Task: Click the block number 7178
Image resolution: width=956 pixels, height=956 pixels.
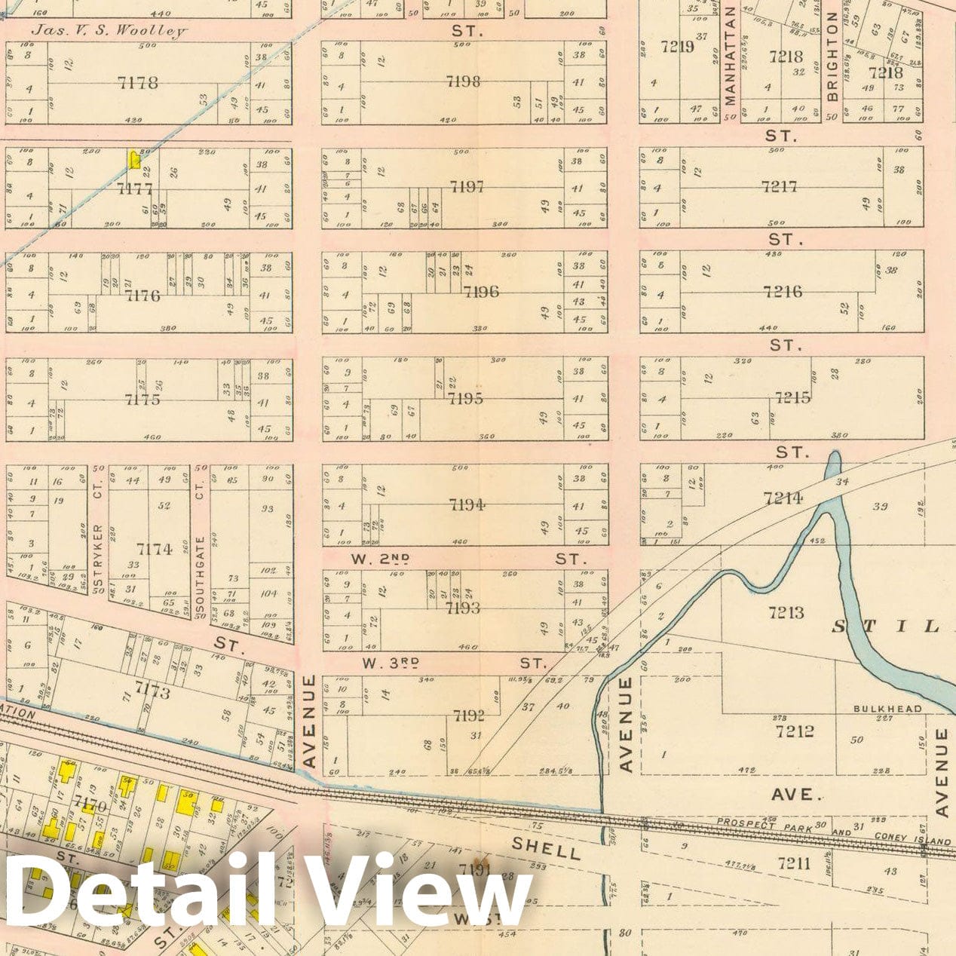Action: click(138, 82)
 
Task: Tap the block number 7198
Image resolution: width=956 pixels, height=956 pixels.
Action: click(462, 81)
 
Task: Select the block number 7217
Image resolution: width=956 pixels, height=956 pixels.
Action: click(779, 185)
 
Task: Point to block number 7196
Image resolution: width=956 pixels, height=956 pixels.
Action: click(481, 292)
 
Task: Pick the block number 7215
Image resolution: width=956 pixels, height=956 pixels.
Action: click(792, 397)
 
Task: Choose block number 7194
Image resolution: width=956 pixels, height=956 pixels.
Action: click(467, 504)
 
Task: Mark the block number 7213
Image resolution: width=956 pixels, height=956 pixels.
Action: click(786, 612)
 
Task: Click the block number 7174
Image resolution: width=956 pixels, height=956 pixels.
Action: click(155, 549)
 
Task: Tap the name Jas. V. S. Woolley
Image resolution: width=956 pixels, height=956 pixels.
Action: click(109, 31)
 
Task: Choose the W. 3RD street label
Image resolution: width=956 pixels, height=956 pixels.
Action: click(390, 663)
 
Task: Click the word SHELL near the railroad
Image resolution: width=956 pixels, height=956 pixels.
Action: click(546, 849)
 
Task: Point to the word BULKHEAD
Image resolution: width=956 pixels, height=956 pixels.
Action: click(887, 709)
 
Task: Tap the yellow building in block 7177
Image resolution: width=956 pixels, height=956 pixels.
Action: click(135, 159)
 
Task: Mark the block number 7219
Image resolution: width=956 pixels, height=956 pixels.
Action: click(677, 47)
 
